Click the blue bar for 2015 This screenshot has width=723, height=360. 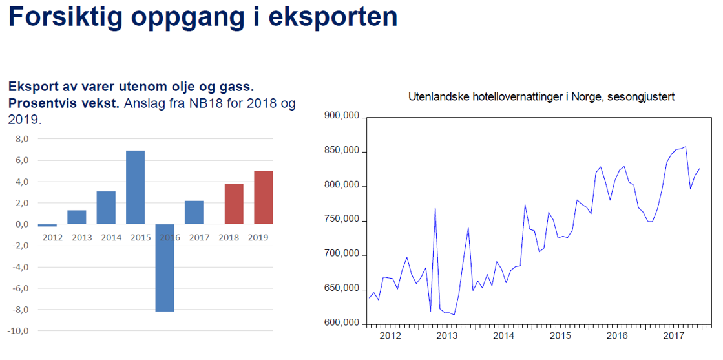point(135,187)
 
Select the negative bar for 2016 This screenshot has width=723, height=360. point(165,268)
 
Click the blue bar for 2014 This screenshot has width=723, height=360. point(106,207)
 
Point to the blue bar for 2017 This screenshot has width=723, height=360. point(194,212)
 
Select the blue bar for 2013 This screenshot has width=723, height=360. point(76,217)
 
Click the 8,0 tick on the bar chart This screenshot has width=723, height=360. point(22,139)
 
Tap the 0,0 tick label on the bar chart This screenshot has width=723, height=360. point(22,224)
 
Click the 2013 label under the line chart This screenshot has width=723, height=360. point(446,336)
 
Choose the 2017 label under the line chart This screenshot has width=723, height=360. point(674,336)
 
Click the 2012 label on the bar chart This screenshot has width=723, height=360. point(52,238)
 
